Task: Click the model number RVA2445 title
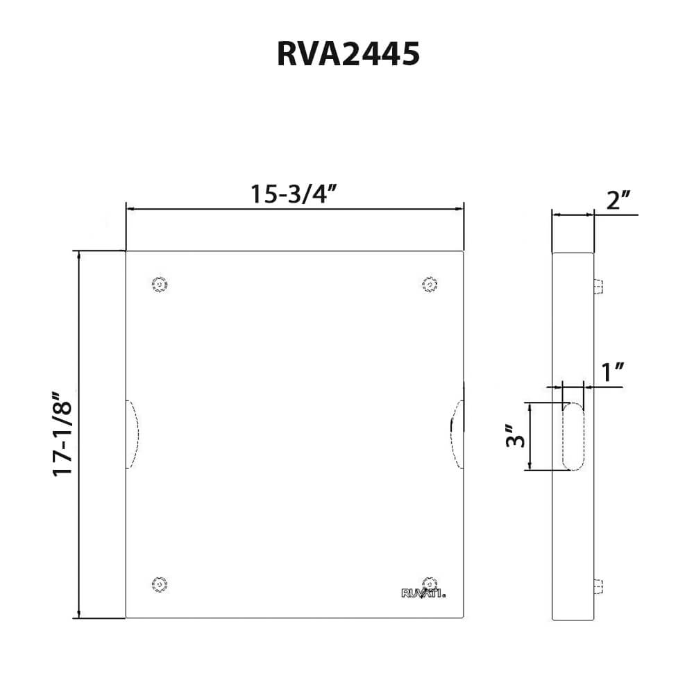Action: pyautogui.click(x=348, y=55)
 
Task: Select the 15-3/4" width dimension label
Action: pyautogui.click(x=294, y=194)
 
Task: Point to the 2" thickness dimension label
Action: pyautogui.click(x=618, y=201)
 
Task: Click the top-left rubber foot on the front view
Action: pyautogui.click(x=160, y=285)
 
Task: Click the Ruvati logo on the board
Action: pyautogui.click(x=423, y=593)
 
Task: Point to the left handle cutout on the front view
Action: pyautogui.click(x=133, y=434)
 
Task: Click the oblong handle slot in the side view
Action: pyautogui.click(x=573, y=437)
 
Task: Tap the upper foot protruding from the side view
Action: pyautogui.click(x=598, y=286)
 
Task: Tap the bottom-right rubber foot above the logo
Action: pyautogui.click(x=430, y=581)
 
